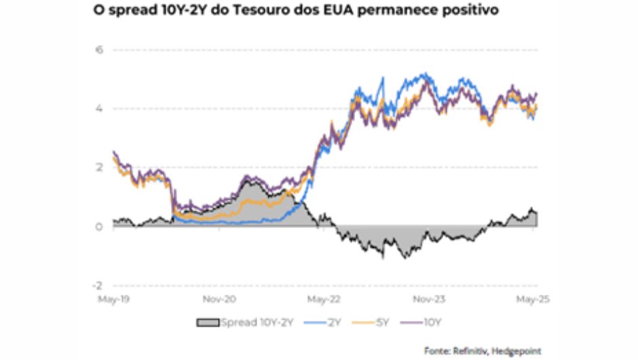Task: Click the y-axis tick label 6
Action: pos(98,50)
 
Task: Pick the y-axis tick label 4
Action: pos(98,109)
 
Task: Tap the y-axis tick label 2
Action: pos(98,167)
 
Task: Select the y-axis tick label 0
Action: pos(98,226)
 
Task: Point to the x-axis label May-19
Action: pos(112,298)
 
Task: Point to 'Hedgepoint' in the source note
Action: pos(519,351)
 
